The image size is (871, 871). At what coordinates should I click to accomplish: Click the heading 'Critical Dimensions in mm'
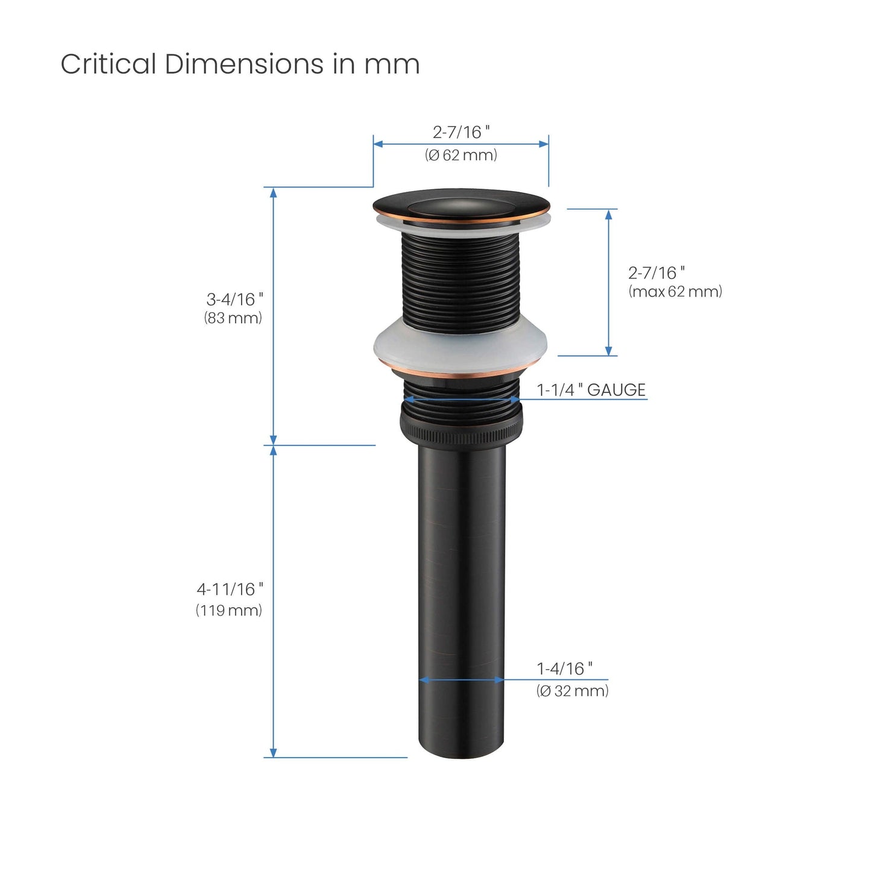tap(240, 64)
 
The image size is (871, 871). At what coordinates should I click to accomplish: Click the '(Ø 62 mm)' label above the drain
tap(461, 155)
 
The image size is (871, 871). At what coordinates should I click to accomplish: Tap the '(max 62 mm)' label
tap(675, 292)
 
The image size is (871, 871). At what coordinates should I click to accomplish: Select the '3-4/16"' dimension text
tap(234, 299)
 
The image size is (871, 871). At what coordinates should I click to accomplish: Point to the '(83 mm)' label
tap(233, 318)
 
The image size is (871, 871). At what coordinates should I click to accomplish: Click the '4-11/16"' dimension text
tap(230, 590)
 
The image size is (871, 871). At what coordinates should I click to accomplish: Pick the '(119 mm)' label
tap(228, 611)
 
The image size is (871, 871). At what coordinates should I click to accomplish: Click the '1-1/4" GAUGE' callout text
tap(591, 389)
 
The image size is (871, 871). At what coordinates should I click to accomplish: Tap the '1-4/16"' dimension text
tap(565, 668)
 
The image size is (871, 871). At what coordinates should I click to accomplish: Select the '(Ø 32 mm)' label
tap(572, 691)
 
